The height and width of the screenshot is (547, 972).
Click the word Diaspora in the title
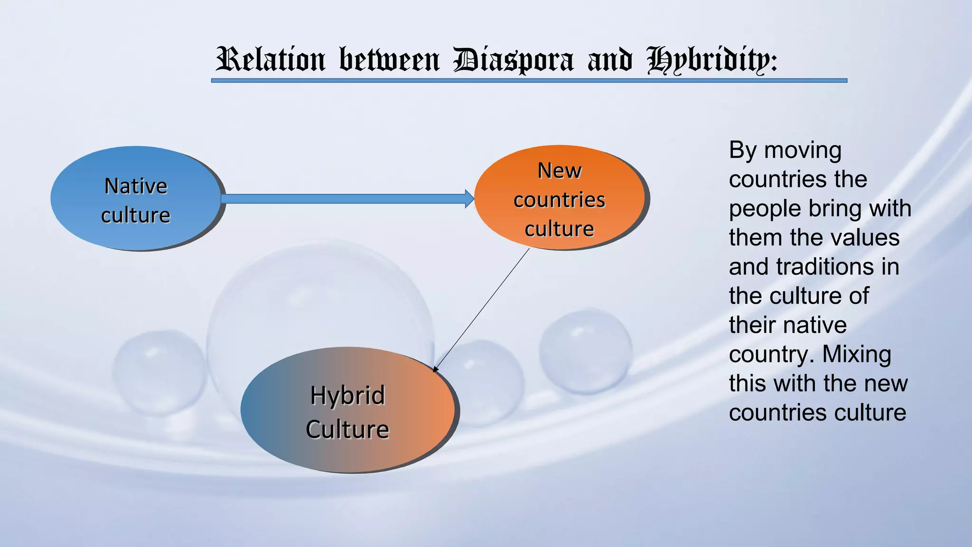pyautogui.click(x=513, y=60)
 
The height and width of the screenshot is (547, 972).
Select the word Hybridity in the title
pyautogui.click(x=712, y=60)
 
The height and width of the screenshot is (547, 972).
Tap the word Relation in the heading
pyautogui.click(x=271, y=60)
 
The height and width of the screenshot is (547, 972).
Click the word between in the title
pyautogui.click(x=389, y=60)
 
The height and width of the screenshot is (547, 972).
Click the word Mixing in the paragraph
pyautogui.click(x=857, y=354)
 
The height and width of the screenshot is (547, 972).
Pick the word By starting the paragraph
pyautogui.click(x=743, y=151)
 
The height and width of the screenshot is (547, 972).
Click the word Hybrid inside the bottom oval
pyautogui.click(x=347, y=396)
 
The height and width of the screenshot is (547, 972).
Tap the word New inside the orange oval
pyautogui.click(x=559, y=171)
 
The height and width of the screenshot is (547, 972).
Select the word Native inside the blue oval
pyautogui.click(x=136, y=186)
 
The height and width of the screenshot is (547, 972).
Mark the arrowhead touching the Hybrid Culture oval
pyautogui.click(x=436, y=369)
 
